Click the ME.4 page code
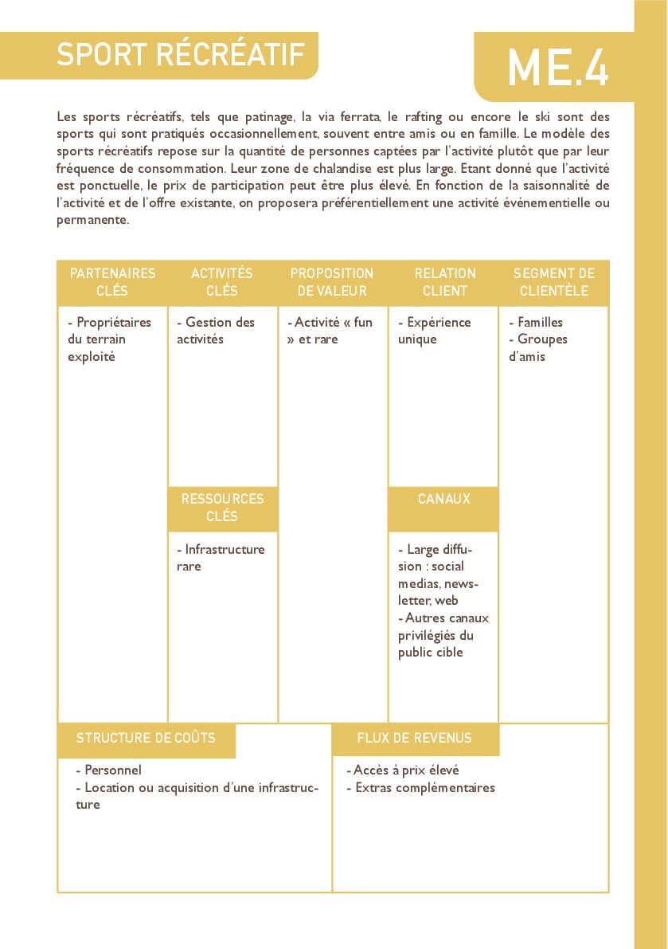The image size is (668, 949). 557,67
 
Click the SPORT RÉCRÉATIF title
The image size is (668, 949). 181,54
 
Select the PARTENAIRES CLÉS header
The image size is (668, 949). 112,282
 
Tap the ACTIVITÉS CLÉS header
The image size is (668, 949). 222,282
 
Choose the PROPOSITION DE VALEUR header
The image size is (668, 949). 332,282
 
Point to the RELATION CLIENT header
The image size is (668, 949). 444,282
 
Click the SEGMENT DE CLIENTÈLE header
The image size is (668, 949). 554,282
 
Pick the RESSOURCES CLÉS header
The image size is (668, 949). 222,508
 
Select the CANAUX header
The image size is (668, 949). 443,499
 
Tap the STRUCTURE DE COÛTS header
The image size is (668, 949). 146,738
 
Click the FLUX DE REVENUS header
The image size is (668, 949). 414,738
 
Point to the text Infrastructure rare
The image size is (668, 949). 221,558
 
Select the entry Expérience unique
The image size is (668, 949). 434,331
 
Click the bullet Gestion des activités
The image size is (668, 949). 216,331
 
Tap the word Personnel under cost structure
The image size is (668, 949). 112,771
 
